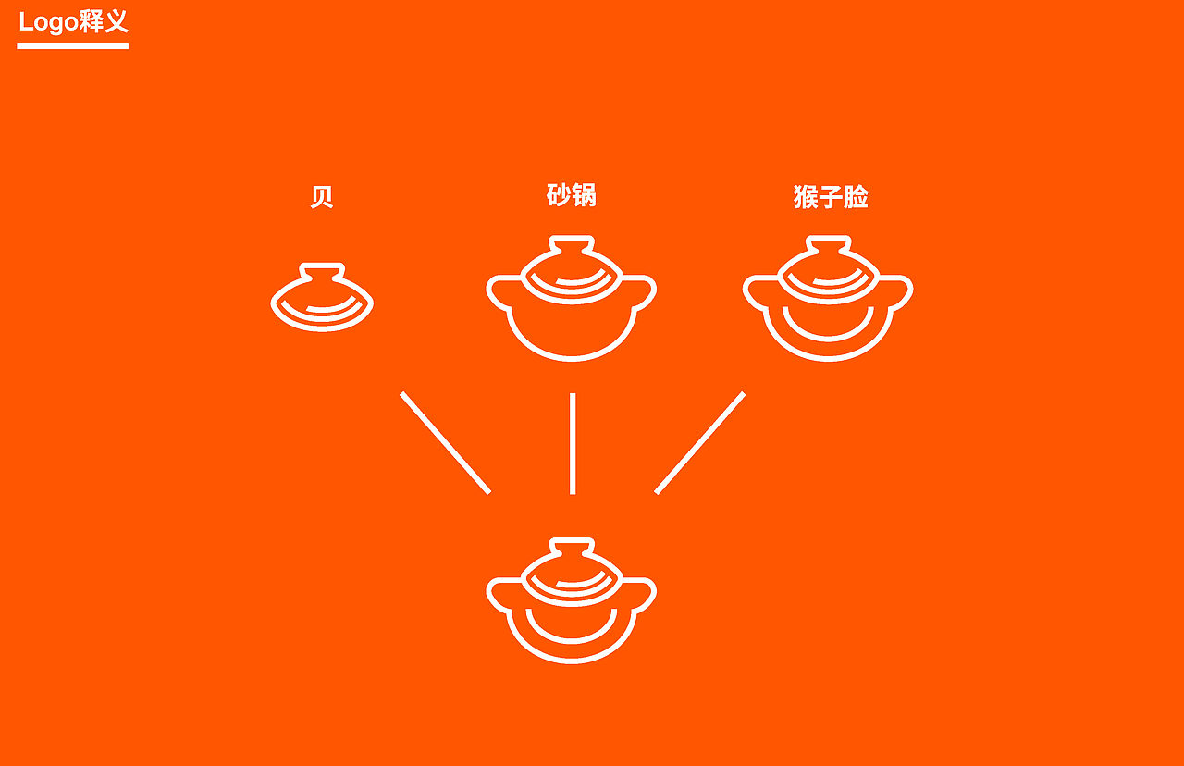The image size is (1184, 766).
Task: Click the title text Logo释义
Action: (73, 21)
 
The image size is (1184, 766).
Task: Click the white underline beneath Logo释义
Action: (73, 45)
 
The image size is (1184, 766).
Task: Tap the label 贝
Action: (321, 197)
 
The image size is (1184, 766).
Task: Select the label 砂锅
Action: (572, 195)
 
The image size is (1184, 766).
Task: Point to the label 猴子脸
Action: (831, 197)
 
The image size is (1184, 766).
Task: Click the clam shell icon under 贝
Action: (322, 298)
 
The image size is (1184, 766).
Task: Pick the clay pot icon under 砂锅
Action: (572, 298)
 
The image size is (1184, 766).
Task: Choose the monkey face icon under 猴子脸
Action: (828, 298)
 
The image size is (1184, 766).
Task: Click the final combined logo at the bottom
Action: (572, 600)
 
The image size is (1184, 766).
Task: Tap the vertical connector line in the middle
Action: (573, 443)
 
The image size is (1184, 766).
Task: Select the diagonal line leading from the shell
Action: (445, 443)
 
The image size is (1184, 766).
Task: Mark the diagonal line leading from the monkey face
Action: (700, 443)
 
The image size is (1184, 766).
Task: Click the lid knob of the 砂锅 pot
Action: (572, 244)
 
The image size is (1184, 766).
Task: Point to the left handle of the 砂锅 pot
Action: (499, 291)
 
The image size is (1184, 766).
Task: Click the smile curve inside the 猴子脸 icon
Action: (828, 327)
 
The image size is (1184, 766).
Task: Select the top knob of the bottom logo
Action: (572, 547)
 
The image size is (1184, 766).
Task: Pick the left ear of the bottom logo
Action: (499, 594)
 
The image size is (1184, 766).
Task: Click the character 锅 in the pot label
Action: (584, 195)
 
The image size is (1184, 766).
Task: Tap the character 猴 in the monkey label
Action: (807, 197)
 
